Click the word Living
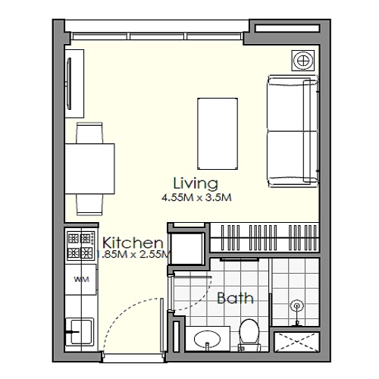(x=196, y=183)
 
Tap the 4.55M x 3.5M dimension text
(x=195, y=198)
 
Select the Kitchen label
(x=133, y=243)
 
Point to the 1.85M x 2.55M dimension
(x=133, y=255)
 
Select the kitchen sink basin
(x=78, y=330)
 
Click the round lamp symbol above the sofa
(x=301, y=60)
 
